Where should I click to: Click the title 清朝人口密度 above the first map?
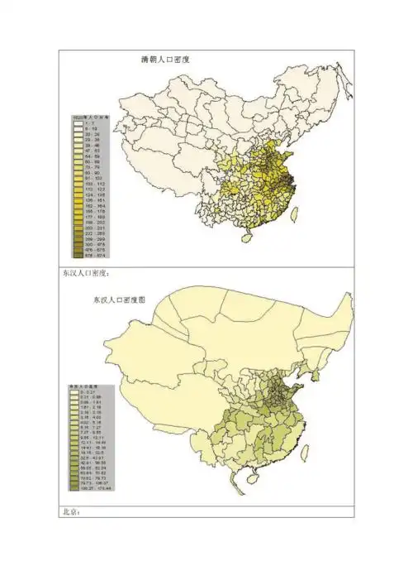coord(171,60)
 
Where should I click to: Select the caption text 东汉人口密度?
coord(86,272)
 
